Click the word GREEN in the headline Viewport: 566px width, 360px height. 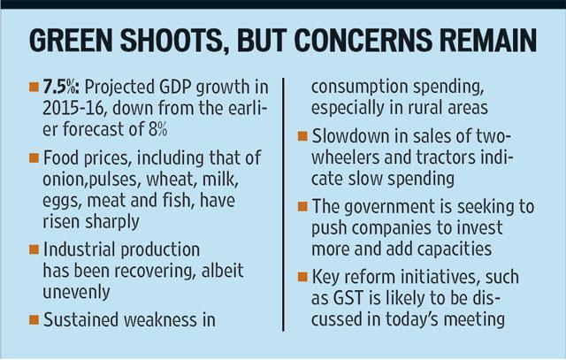pyautogui.click(x=71, y=41)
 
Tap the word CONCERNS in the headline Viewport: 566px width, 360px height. pyautogui.click(x=363, y=41)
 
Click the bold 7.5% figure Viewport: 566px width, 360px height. pyautogui.click(x=63, y=87)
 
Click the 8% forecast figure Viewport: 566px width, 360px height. pyautogui.click(x=157, y=129)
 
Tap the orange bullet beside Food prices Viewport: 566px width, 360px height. pyautogui.click(x=34, y=158)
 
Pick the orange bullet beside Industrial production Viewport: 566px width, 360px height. pyautogui.click(x=34, y=249)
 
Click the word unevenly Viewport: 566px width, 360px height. pyautogui.click(x=77, y=292)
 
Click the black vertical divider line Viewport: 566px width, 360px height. pyautogui.click(x=283, y=204)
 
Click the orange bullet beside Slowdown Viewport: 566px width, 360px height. pyautogui.click(x=302, y=137)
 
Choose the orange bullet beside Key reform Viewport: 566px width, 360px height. pyautogui.click(x=302, y=278)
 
